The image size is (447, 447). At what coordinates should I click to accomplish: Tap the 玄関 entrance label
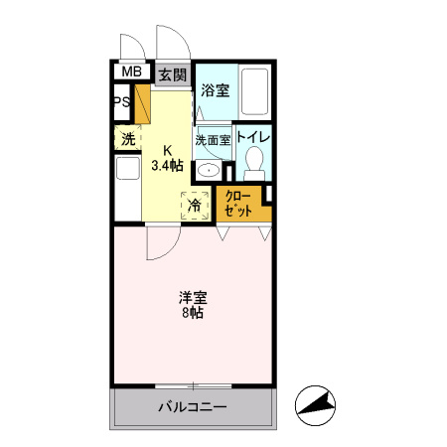(172, 74)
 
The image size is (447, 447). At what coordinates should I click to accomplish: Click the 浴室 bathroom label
(215, 90)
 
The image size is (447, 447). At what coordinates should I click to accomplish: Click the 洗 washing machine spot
(128, 139)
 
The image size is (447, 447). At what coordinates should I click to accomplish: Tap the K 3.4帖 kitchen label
(168, 158)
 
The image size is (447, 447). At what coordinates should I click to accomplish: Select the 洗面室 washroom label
(212, 141)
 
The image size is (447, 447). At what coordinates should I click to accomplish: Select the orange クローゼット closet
(240, 204)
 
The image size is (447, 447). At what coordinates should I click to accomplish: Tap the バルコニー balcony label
(193, 407)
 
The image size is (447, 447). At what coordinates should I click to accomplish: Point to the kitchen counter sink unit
(126, 188)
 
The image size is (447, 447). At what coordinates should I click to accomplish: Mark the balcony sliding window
(193, 384)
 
